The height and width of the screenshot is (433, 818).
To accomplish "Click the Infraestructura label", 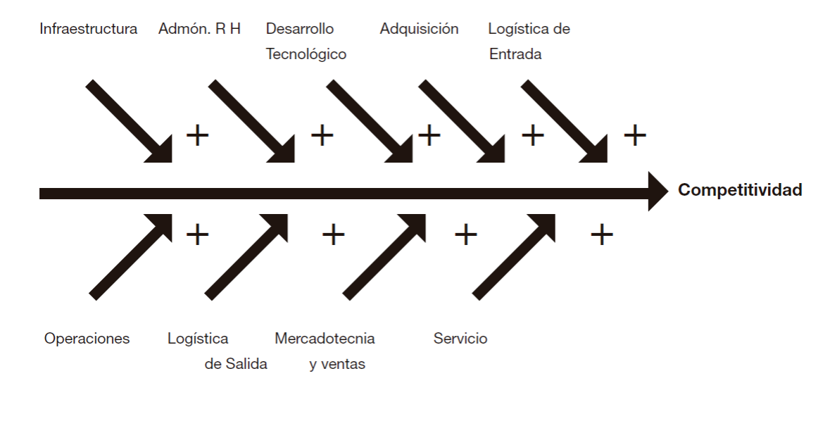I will point(89,29).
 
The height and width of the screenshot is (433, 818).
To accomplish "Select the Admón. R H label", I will point(199,29).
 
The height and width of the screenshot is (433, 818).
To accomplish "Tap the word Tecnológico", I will point(306,54).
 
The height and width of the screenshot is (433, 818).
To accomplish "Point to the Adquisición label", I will point(419,29).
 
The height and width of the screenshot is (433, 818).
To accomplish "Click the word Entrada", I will point(515,54).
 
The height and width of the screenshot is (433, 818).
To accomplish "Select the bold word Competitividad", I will point(740,190).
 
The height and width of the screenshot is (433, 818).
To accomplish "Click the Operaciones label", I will point(87,339).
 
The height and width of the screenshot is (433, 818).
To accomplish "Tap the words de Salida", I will point(236,365).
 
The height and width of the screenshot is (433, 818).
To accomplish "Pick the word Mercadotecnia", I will point(325,339).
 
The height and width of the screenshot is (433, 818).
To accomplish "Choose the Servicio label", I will point(460,339).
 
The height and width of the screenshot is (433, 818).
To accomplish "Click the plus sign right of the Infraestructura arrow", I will point(198,134).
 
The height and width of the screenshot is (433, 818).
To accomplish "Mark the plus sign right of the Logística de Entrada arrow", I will point(635,134).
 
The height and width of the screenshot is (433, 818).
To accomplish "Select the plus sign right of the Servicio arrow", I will point(601,234).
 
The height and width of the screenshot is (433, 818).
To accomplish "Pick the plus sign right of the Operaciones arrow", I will point(198,234).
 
